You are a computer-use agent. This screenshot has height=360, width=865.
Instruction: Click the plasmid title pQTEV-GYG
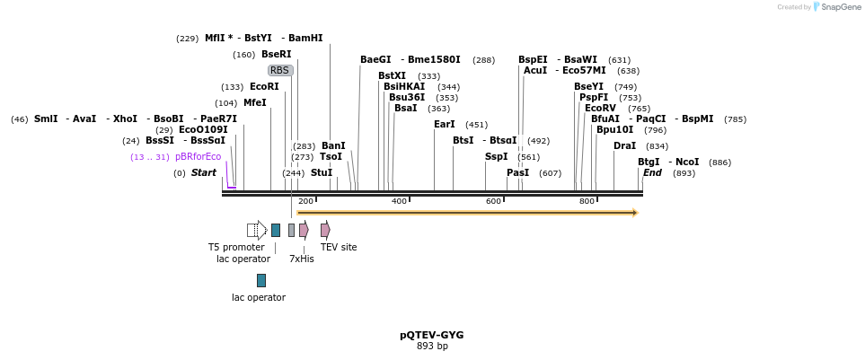[x=432, y=335]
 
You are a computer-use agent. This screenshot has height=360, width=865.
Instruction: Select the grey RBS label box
[x=280, y=70]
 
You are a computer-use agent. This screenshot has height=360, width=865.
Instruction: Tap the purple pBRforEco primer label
[x=198, y=156]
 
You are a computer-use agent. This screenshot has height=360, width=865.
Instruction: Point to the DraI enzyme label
[x=624, y=145]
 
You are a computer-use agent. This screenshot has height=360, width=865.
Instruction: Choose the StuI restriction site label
[x=322, y=172]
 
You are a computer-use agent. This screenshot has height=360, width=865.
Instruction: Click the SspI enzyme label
[x=496, y=156]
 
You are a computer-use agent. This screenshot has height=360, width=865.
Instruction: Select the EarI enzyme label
[x=444, y=124]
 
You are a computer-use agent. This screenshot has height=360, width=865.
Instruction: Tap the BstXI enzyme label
[x=392, y=75]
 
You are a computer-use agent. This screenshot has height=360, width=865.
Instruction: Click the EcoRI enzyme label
[x=264, y=86]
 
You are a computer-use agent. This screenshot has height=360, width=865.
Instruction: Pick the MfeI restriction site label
[x=254, y=102]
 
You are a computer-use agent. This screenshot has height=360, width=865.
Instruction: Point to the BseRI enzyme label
[x=276, y=54]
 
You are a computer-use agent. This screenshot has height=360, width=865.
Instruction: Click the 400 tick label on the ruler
[x=399, y=201]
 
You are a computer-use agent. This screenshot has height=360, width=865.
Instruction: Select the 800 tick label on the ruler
[x=587, y=201]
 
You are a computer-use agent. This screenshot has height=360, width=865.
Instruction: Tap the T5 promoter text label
[x=236, y=247]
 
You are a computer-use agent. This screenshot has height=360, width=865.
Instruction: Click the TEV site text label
[x=339, y=247]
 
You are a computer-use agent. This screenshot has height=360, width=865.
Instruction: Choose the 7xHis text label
[x=301, y=259]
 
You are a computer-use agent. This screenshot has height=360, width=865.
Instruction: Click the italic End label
[x=652, y=172]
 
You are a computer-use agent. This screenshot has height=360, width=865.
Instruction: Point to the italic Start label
[x=204, y=172]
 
